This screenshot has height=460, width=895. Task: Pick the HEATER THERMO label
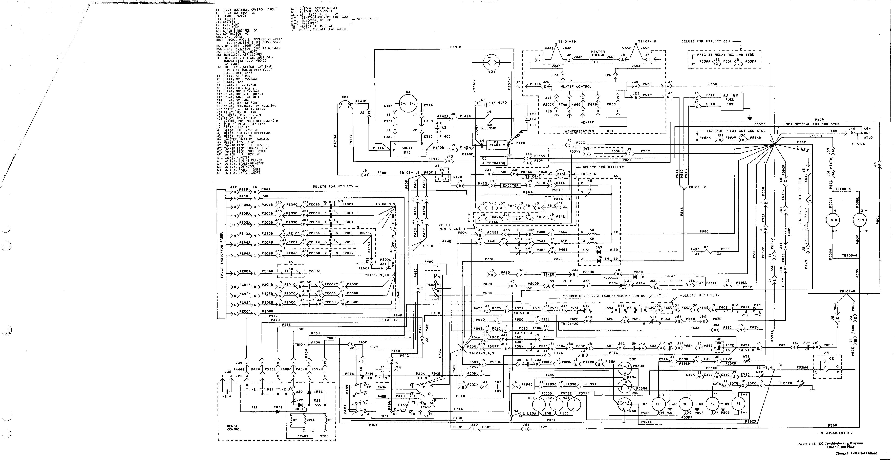point(598,53)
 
